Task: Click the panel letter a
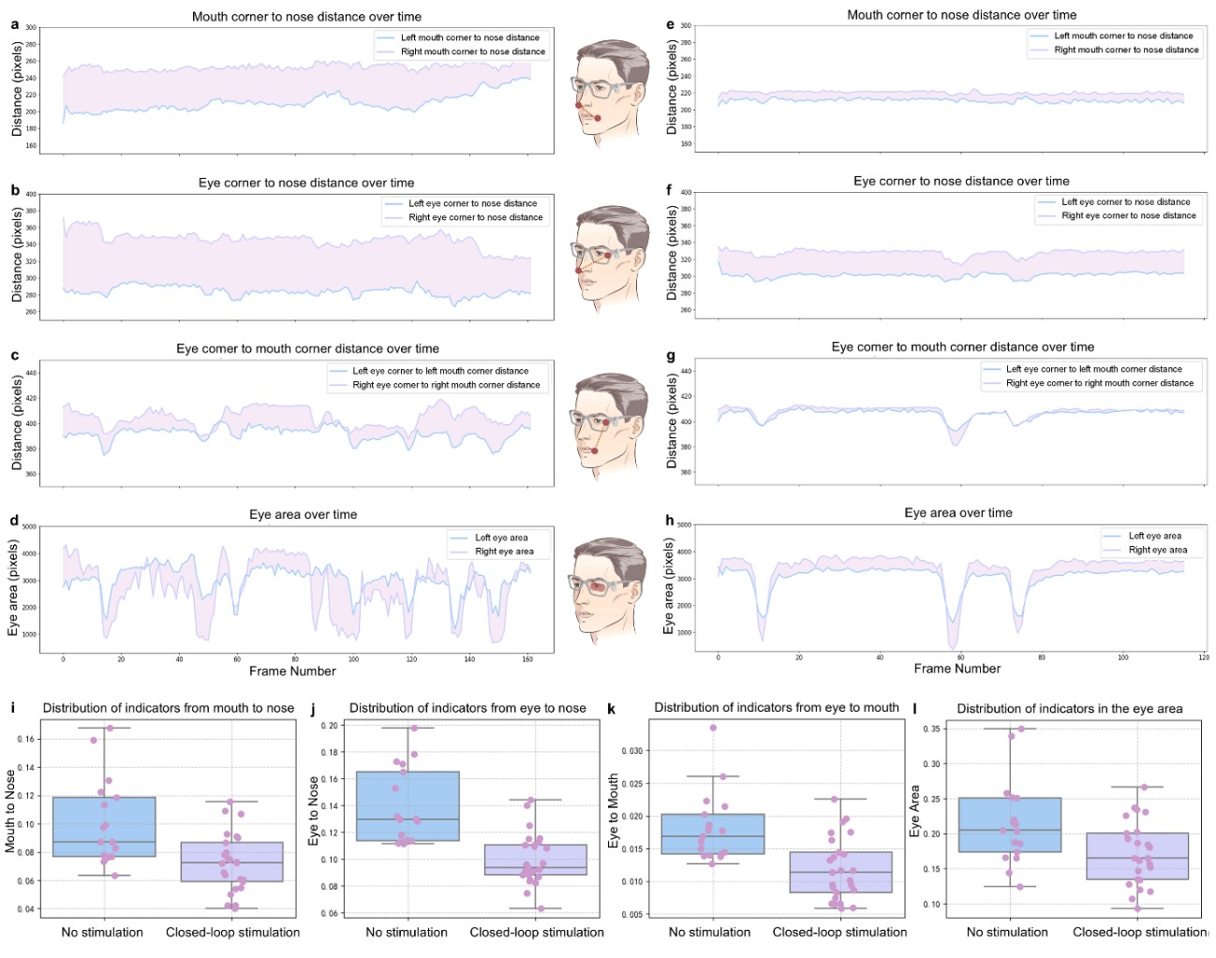coord(15,24)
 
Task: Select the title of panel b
coord(306,183)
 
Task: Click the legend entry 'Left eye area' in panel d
coord(500,538)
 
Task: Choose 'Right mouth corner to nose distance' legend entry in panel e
coord(1126,50)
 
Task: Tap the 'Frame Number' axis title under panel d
coord(292,671)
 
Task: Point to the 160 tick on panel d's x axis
coord(527,659)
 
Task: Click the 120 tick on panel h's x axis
coord(1203,657)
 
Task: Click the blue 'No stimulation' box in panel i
coord(104,827)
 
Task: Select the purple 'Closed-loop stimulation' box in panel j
coord(536,860)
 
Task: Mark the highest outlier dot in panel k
coord(713,728)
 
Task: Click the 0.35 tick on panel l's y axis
coord(931,729)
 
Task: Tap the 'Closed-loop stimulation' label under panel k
coord(839,932)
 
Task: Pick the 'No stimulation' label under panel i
coord(102,932)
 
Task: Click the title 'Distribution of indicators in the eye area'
coord(1069,709)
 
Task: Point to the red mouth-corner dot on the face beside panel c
coord(594,451)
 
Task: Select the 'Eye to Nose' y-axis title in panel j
coord(314,811)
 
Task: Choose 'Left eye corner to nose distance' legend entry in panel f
coord(1125,201)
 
